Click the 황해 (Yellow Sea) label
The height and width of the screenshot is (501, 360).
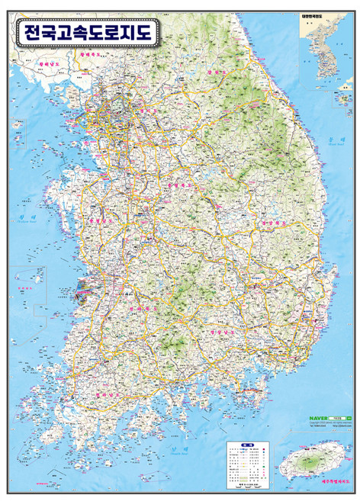click(x=22, y=220)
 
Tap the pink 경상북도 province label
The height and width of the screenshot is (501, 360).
click(x=272, y=223)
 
